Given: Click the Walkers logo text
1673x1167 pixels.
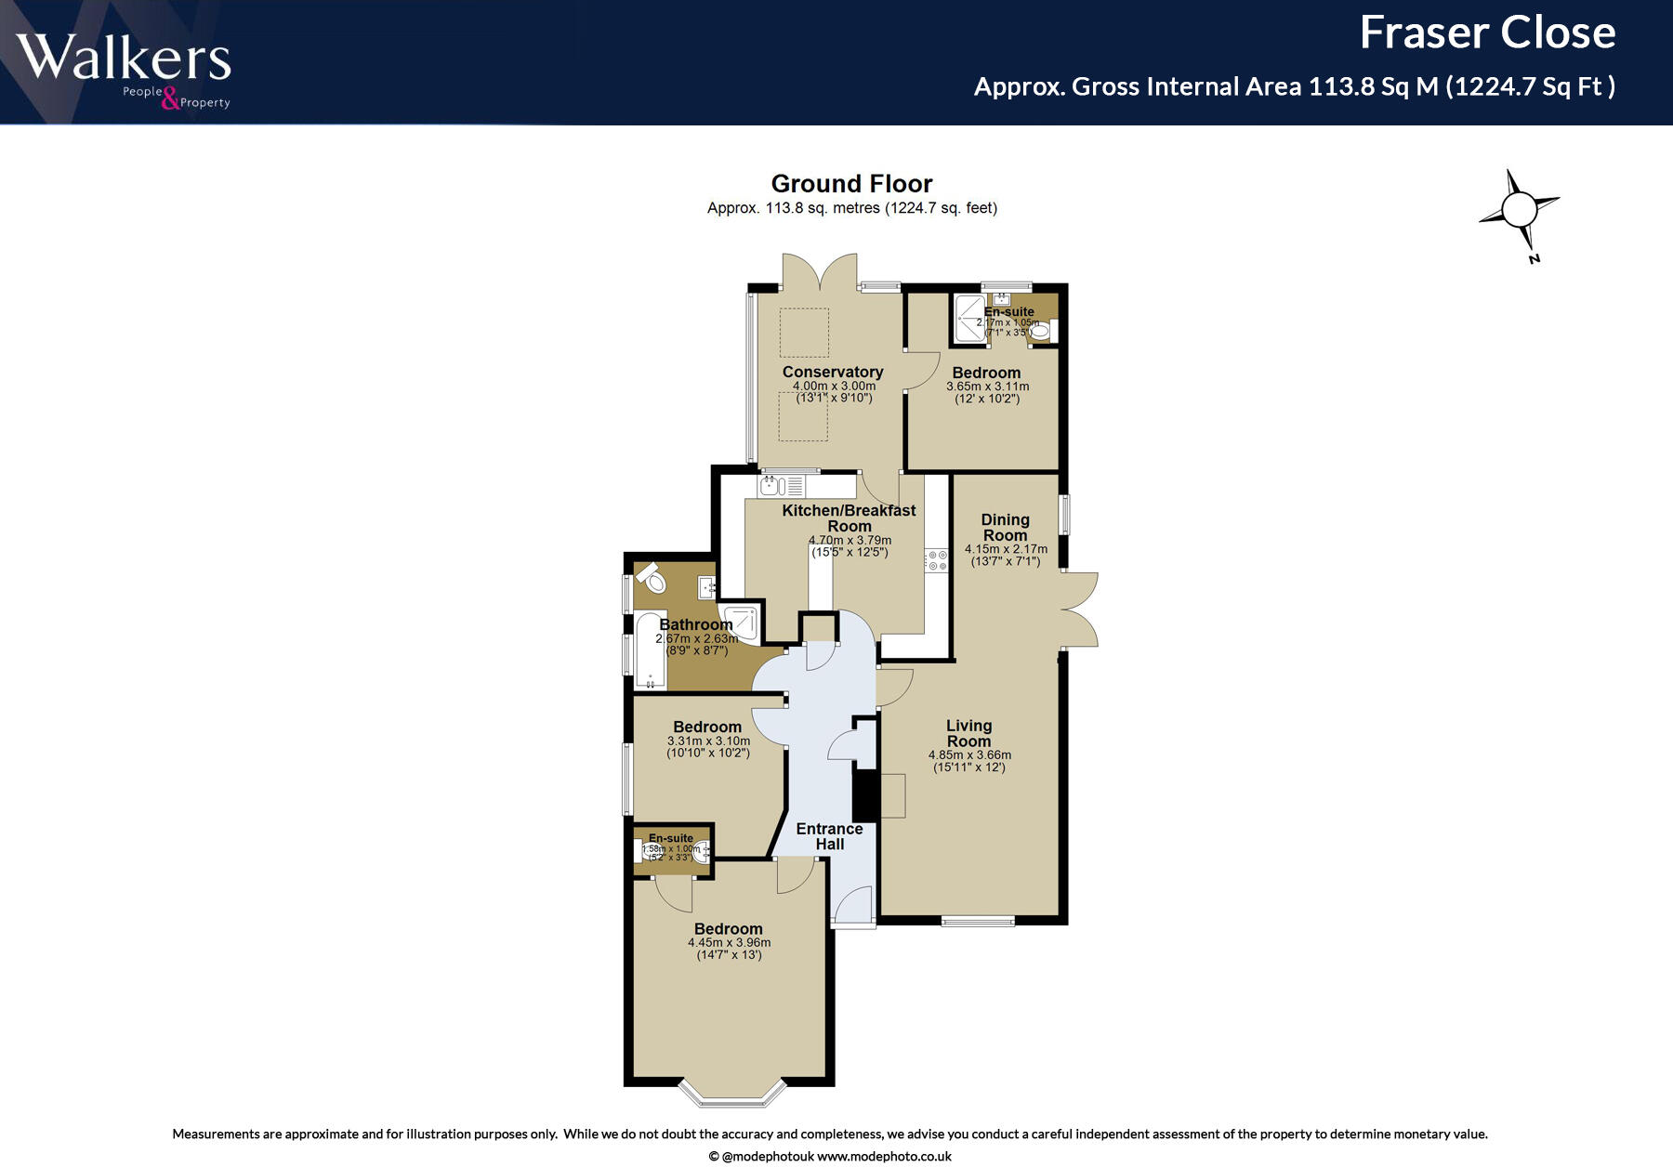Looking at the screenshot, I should click(x=123, y=58).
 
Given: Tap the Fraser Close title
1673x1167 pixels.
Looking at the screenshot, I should click(x=1486, y=33).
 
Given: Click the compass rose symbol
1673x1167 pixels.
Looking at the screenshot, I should click(x=1519, y=210).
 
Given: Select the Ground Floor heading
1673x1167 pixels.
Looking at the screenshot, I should click(x=851, y=184).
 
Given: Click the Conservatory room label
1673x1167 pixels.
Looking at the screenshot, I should click(x=833, y=372).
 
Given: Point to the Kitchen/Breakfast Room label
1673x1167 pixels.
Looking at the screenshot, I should click(x=849, y=518).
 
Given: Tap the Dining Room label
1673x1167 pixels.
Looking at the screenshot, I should click(x=1005, y=527).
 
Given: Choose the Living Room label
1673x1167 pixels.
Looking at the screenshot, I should click(x=968, y=733).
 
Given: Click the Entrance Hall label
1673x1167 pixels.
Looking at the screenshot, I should click(x=829, y=836).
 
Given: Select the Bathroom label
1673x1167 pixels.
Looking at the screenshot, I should click(x=695, y=624).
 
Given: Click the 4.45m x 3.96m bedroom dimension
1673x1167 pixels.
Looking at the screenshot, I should click(x=729, y=942).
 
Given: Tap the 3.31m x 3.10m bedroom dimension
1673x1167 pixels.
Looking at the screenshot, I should click(x=708, y=741).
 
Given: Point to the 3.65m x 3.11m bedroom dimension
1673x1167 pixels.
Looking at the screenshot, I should click(x=987, y=387).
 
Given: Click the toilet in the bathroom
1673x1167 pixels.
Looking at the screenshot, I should click(x=653, y=579).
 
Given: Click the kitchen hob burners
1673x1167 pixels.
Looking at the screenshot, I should click(x=936, y=560).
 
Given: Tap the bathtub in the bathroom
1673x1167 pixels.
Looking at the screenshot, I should click(x=650, y=651).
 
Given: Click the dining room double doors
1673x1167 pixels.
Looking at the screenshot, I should click(x=1080, y=610).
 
